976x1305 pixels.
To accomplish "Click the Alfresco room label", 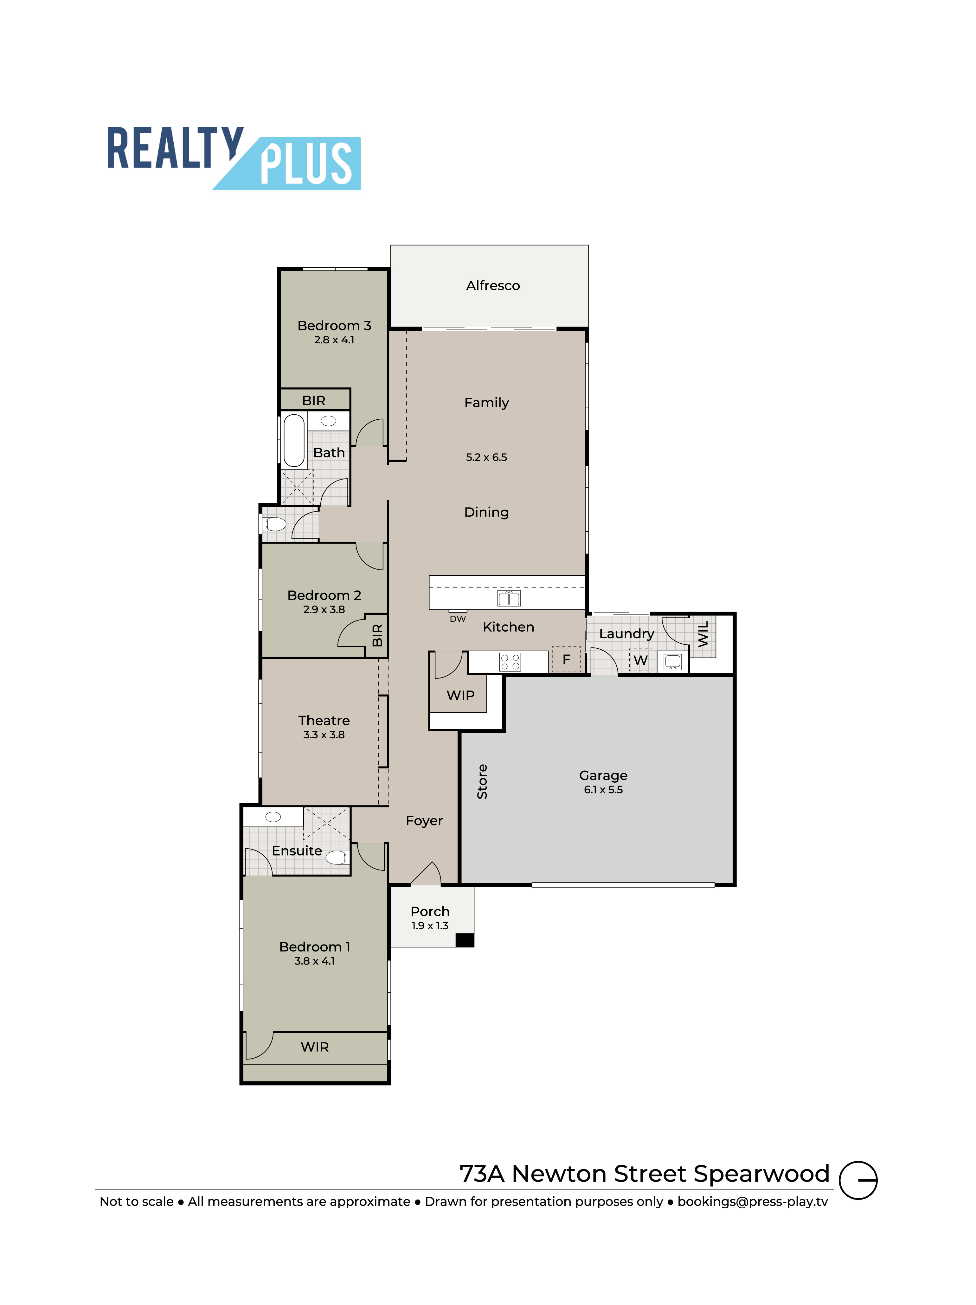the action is coord(493,285).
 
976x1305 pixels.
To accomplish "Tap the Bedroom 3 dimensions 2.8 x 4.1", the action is coord(334,340).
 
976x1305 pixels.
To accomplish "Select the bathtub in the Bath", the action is coord(294,440).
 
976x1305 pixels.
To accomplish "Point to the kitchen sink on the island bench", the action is coord(509,598).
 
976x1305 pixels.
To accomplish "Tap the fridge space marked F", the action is coord(566,659).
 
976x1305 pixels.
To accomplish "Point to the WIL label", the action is coord(703,634).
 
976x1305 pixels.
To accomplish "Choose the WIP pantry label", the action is coord(460,696).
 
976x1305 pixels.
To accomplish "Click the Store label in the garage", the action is coord(482,782).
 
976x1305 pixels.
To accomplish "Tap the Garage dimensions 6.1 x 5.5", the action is coord(603,789).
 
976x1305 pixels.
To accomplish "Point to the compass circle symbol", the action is coord(858,1180).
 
